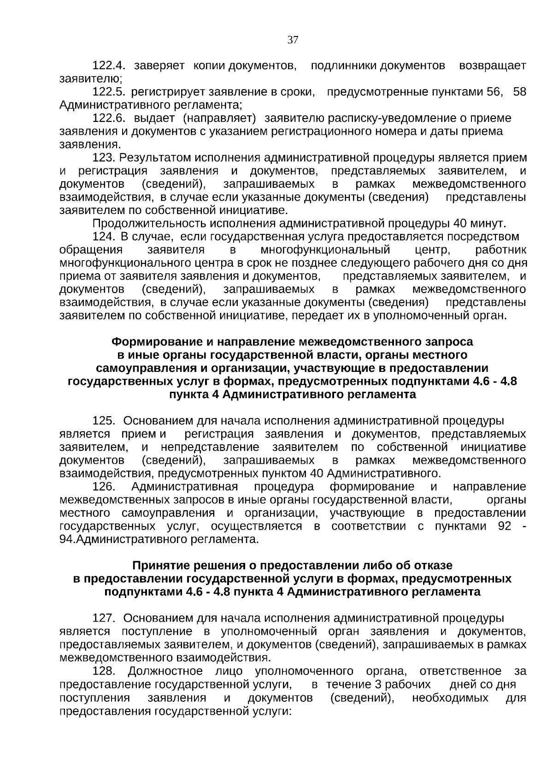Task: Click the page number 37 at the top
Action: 293,40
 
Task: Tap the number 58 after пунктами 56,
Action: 519,92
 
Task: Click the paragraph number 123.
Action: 104,158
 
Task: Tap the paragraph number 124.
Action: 104,237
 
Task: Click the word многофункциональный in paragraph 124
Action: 325,250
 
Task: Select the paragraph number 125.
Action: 104,421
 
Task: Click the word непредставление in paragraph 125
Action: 210,448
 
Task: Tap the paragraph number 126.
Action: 104,487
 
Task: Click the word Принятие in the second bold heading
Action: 159,565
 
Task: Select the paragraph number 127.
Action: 104,618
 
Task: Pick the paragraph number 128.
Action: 104,671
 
